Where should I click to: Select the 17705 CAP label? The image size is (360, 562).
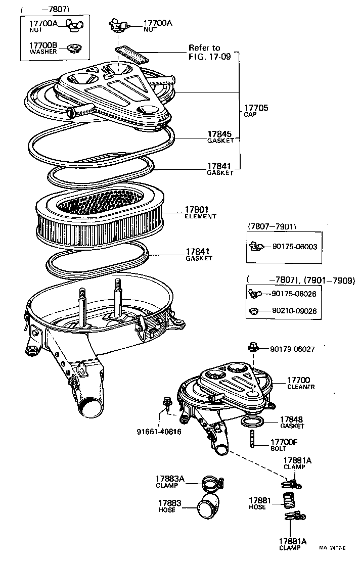[x=256, y=111]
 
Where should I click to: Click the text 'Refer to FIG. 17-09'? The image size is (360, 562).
[x=209, y=52]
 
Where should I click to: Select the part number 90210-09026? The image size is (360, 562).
[x=294, y=311]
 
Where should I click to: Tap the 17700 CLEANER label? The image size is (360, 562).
[x=300, y=383]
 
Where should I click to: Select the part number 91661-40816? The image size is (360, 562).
[x=159, y=432]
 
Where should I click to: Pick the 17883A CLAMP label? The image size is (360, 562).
[x=169, y=481]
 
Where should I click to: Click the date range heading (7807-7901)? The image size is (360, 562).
[x=272, y=226]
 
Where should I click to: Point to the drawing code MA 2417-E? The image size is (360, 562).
[x=335, y=547]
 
